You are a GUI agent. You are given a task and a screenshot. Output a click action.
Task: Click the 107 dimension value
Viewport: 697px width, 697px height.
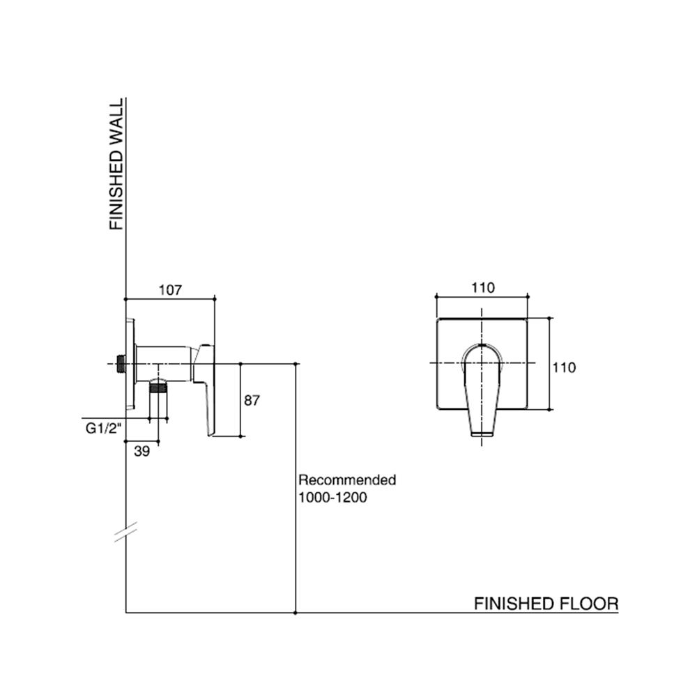[x=169, y=289]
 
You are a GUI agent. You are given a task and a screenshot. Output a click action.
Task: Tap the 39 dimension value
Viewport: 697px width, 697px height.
[x=141, y=451]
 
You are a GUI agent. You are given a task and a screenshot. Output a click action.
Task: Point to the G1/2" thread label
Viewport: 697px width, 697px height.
[x=100, y=429]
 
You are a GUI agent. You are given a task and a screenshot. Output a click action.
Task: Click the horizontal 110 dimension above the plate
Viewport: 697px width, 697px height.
[x=482, y=288]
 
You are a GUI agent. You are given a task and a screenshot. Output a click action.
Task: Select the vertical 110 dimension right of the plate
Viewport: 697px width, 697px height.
[x=564, y=367]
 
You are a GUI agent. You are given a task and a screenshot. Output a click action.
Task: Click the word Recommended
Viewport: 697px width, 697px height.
[x=347, y=480]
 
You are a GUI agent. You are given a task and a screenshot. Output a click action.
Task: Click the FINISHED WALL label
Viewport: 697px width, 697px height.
[x=116, y=164]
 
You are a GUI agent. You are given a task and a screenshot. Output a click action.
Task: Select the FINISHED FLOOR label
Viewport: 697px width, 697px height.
[x=546, y=603]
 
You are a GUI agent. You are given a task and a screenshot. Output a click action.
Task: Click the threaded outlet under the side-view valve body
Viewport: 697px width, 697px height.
[x=160, y=388]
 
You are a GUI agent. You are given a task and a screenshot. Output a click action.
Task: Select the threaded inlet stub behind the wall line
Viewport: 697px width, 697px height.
[x=121, y=363]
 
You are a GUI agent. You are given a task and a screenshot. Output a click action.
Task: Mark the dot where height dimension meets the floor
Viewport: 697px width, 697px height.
[x=297, y=613]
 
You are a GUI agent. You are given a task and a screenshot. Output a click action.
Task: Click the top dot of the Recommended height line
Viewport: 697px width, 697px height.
[x=297, y=363]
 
